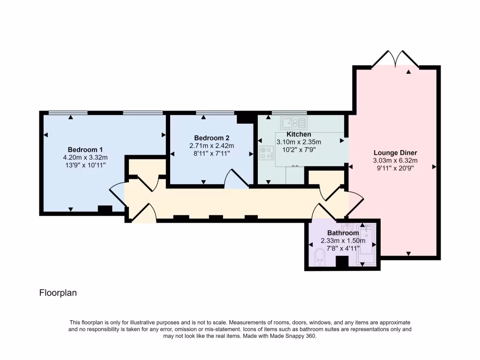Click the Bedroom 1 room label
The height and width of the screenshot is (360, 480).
coord(85,149)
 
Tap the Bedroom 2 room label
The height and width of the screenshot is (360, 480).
coord(211,138)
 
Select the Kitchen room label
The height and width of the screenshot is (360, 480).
coord(299,135)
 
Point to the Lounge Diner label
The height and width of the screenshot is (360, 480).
coord(395,152)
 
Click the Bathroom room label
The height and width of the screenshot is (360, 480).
coord(343,233)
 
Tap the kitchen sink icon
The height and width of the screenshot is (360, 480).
coord(293,123)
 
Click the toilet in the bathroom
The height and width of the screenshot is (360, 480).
coord(321,256)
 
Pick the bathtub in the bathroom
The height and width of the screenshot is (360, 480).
coord(365,244)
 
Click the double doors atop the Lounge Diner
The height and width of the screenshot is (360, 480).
coord(395,59)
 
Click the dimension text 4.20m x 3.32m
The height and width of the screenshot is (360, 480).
coord(85,157)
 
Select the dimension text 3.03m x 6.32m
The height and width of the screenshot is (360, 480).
coord(395,160)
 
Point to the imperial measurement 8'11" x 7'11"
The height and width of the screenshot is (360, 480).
coord(211,153)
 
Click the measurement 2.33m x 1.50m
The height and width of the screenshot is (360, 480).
coord(343,240)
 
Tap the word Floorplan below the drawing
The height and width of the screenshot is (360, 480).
coord(58,293)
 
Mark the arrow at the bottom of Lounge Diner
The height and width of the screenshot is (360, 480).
coord(408,254)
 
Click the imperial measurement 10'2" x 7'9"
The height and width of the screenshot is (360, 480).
coord(299,150)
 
